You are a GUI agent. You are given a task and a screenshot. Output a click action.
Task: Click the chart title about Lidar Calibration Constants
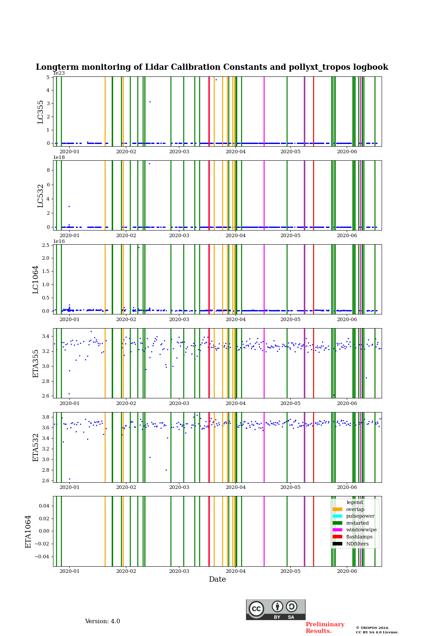coord(212,67)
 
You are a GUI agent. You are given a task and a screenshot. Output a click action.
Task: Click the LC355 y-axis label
coord(41,112)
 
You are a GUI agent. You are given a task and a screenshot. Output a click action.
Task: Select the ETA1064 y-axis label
coord(29,531)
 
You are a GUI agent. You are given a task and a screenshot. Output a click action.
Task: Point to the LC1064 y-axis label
coord(36,280)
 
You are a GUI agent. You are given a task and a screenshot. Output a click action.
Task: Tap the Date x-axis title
coord(217,579)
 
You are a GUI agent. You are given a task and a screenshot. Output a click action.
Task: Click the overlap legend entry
coord(355,509)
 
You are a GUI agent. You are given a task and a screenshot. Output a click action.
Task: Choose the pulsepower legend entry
coord(360,516)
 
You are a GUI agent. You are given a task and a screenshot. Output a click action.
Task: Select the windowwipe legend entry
coord(361,530)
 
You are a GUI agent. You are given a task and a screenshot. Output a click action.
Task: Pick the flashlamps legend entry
coord(359,537)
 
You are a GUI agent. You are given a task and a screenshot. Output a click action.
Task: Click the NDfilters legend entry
coord(357,544)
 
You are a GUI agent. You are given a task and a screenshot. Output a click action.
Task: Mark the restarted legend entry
coord(357,523)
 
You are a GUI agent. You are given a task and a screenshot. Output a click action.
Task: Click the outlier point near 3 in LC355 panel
coord(150,102)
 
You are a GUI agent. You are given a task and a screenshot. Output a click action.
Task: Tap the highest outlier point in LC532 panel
coord(149,163)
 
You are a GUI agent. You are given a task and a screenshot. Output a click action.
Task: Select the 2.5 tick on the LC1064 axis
coord(45,245)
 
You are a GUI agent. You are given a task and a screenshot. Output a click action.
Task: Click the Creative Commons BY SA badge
coord(276,609)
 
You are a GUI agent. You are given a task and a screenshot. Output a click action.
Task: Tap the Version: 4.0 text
coord(102,621)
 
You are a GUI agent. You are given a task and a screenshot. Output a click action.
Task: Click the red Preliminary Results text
coord(325,628)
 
